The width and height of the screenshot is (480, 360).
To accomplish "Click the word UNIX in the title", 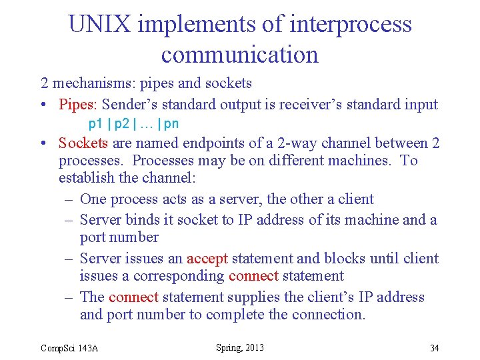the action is coord(101,25).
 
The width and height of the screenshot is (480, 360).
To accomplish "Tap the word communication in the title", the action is coord(240,55).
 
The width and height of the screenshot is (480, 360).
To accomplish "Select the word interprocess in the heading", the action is coord(351,25).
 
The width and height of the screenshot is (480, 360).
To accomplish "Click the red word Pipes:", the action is coord(78,105).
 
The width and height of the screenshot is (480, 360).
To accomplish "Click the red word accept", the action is coord(207,259).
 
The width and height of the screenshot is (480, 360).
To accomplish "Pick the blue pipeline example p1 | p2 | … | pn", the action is coord(133,124).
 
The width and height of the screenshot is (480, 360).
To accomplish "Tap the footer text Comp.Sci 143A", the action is coord(69,348).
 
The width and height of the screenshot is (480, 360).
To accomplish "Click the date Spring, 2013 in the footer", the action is coord(240,347).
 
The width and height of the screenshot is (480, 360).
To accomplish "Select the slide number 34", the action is coord(434,348).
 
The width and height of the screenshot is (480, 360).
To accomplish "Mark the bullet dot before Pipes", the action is coord(43,105).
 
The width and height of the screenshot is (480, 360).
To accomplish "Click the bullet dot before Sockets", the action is coord(43,144).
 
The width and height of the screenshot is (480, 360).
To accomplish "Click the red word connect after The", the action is coord(133,297).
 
